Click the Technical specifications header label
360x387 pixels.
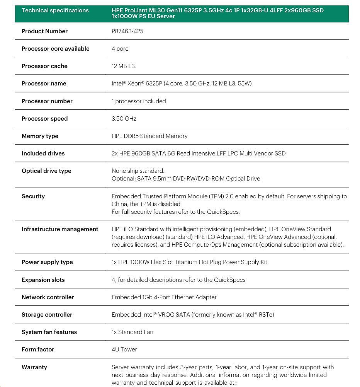(55, 10)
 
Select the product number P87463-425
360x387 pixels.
(127, 31)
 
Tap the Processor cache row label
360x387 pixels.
(44, 66)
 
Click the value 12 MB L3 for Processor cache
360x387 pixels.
(123, 66)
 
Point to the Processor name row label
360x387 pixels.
(44, 84)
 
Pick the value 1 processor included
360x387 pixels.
(139, 101)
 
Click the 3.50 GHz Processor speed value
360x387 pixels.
(124, 119)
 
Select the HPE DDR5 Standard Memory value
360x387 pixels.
(149, 136)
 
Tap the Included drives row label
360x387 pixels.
(43, 153)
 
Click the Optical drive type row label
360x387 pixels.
(46, 171)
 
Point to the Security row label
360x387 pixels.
(33, 196)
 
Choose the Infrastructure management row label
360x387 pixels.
(60, 229)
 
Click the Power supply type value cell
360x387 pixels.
(189, 262)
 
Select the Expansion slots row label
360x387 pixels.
(43, 280)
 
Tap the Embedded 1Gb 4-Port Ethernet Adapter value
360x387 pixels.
(164, 297)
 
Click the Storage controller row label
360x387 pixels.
(47, 315)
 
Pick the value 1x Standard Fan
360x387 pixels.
(132, 332)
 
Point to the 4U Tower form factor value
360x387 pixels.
(124, 349)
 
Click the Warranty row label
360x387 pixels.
(35, 367)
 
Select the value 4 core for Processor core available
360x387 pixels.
(120, 49)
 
